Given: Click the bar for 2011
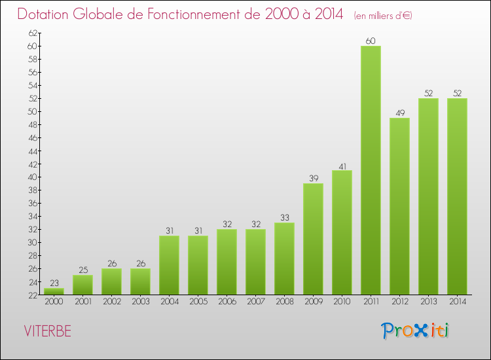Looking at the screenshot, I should [371, 170].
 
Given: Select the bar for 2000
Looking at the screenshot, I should [54, 291].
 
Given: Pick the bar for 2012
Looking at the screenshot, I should [399, 206].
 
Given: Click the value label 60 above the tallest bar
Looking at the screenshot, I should [371, 41].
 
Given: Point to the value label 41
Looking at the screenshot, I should [342, 166].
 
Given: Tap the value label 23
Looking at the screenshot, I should [54, 283].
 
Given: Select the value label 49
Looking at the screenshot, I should [399, 113].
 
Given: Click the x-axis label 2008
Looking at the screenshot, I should [284, 302].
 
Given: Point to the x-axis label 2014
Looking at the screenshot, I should [457, 302].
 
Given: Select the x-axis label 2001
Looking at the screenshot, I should [82, 302].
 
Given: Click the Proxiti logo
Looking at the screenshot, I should [414, 331].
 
